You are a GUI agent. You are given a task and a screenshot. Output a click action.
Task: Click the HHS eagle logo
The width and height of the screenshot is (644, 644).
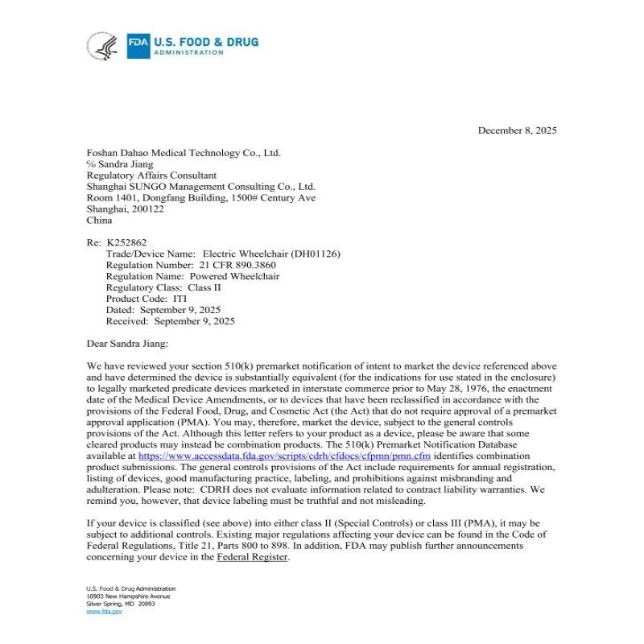point(102,46)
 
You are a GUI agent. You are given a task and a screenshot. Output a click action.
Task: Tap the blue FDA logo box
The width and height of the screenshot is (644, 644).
point(138,46)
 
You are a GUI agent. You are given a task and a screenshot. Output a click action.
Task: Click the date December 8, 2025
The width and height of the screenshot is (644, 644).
point(517,130)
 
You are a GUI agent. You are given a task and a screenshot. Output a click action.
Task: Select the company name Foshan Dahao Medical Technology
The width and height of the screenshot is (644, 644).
point(184,153)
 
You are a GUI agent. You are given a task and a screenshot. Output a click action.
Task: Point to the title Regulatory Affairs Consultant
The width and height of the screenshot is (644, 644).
point(151,175)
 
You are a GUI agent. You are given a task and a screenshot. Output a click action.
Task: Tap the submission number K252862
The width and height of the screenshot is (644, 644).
point(126,242)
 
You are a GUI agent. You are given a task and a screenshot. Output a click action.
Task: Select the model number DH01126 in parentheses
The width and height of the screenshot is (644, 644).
point(315,254)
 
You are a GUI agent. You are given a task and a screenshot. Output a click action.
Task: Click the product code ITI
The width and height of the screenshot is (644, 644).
point(180,299)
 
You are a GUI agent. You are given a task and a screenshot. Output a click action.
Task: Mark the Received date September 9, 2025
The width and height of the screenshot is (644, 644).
point(194,321)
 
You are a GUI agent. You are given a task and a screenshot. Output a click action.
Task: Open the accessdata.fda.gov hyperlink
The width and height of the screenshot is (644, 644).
point(285,456)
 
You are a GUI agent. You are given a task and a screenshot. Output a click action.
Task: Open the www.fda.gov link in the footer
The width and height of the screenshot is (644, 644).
point(104,612)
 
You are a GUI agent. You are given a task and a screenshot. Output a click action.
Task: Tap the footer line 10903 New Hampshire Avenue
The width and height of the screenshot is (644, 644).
point(128,597)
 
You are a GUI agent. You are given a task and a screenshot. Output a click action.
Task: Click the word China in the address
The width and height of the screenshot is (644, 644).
point(99,221)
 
